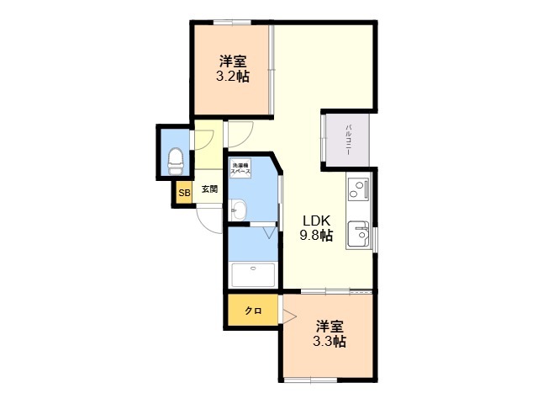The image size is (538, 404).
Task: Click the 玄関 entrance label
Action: point(209,190)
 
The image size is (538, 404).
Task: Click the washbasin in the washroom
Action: point(237,209)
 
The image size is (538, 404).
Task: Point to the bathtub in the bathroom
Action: point(253,274)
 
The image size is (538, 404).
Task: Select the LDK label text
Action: point(317,221)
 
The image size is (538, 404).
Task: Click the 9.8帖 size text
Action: point(317,236)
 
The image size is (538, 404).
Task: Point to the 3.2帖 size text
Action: point(232,77)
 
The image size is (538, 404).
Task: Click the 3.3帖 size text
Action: point(329,342)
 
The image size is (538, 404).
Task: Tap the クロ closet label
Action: point(253,311)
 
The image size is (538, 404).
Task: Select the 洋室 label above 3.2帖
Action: point(233,61)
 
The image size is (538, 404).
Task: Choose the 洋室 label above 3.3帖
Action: point(330,326)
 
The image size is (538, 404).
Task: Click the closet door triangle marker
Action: point(288,317)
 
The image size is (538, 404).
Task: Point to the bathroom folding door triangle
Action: point(270,231)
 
